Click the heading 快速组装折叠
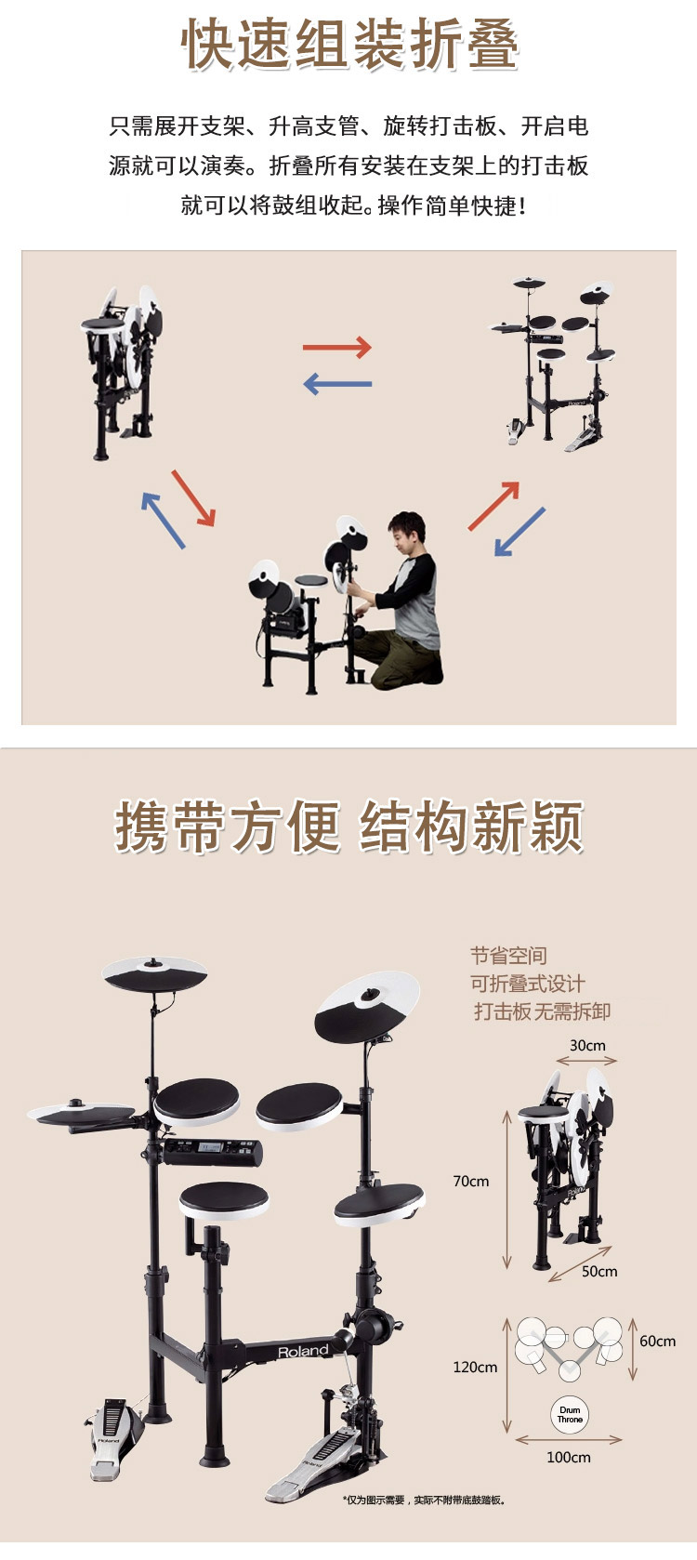coord(349,45)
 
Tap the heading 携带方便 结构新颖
coord(348,826)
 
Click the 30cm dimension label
coord(587,1045)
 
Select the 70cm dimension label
coord(470,1181)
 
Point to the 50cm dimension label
coord(599,1271)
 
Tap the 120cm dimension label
coord(475,1367)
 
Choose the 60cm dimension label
coord(657,1341)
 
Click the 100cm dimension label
coord(568,1457)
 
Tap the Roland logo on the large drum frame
coord(303,1352)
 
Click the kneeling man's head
coord(407,532)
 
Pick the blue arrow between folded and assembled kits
coord(337,384)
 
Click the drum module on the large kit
coord(213,1153)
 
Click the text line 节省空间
coord(508,956)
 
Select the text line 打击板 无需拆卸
coord(542,1011)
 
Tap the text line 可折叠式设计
coord(527,984)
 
